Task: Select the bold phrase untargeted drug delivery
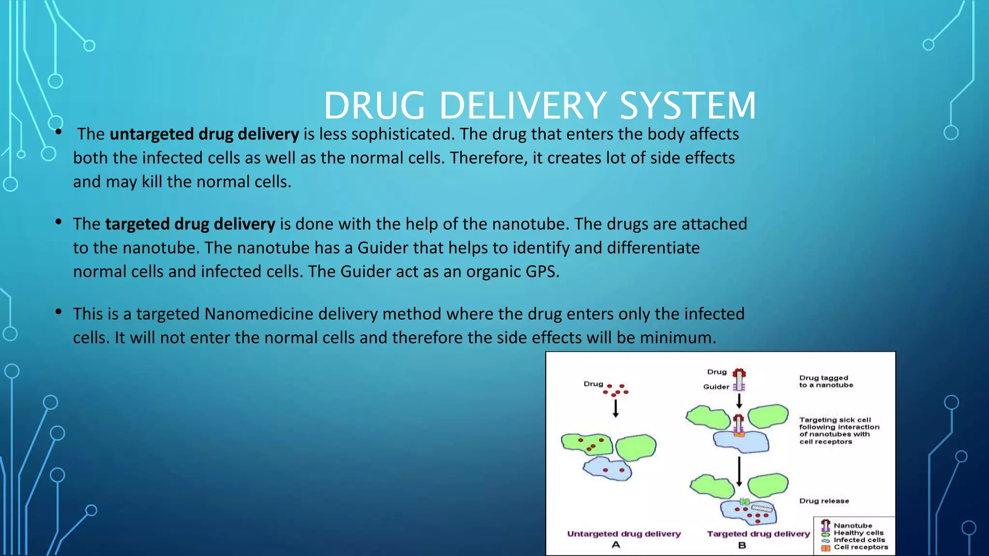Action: coord(204,134)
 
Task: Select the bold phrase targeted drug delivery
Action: coord(190,224)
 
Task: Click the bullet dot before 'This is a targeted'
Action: coord(58,312)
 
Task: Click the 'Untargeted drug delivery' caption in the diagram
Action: coord(623,534)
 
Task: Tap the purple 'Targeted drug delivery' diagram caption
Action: coord(758,534)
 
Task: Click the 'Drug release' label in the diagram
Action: coord(824,501)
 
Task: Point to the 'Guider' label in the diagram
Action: coord(716,387)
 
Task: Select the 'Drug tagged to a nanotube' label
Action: coord(826,381)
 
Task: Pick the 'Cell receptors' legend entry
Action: coord(861,547)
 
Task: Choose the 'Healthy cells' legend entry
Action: coord(858,533)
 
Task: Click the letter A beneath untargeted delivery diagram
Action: coord(616,545)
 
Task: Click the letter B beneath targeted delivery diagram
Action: coord(742,545)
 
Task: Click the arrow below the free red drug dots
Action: coord(615,408)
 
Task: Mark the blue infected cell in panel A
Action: coord(608,469)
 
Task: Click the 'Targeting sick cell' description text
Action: coord(839,431)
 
